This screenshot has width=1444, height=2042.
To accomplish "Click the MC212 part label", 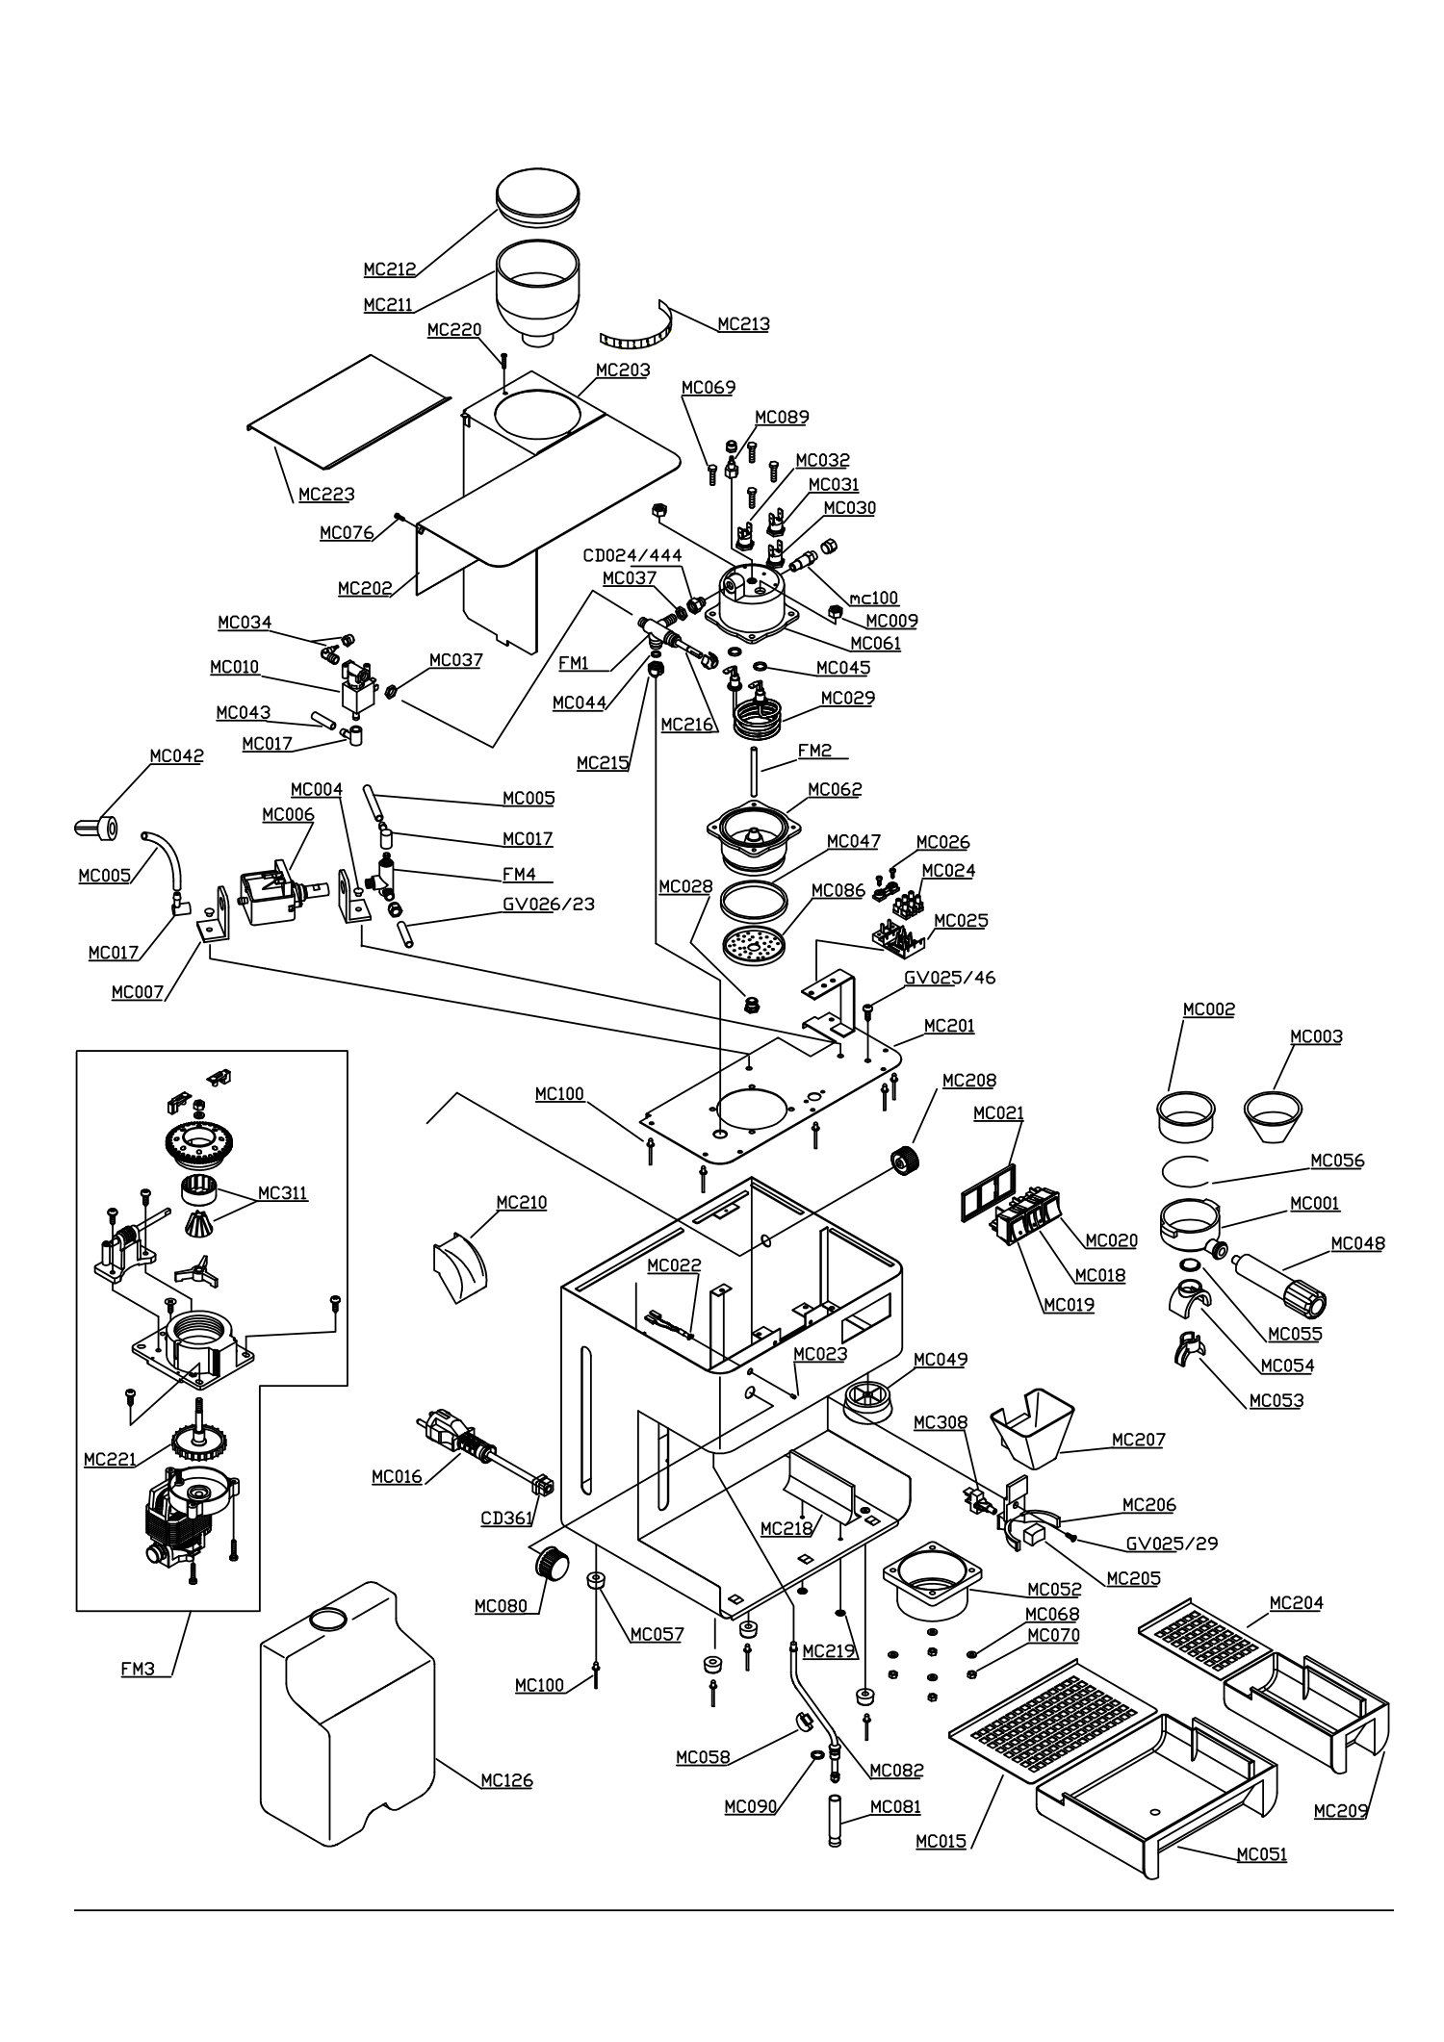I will [x=389, y=269].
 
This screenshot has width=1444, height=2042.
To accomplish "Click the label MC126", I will [x=506, y=1781].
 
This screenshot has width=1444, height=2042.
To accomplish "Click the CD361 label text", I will [x=506, y=1519].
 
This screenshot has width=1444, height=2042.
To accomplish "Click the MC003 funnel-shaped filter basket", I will [x=1273, y=1115].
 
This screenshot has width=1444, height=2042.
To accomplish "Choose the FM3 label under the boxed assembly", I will [x=138, y=1670].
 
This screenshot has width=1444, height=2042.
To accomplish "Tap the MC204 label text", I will [x=1296, y=1603].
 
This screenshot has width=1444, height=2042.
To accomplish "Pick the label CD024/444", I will [x=632, y=556].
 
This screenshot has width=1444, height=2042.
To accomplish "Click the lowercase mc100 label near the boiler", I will [x=873, y=599].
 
